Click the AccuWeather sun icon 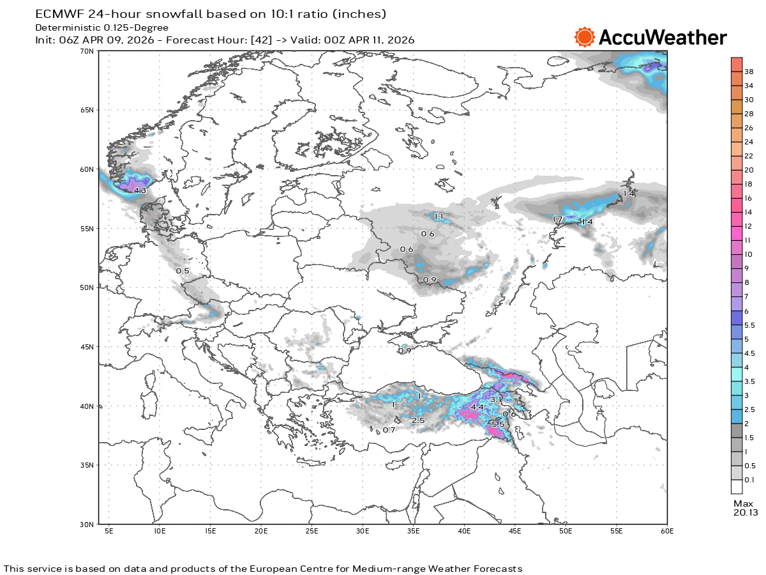pyautogui.click(x=584, y=37)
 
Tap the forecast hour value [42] pyautogui.click(x=260, y=40)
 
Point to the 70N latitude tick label pyautogui.click(x=87, y=51)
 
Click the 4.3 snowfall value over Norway pyautogui.click(x=140, y=190)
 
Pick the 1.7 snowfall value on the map pyautogui.click(x=557, y=220)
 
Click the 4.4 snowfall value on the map pyautogui.click(x=477, y=407)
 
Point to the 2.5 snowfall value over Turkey pyautogui.click(x=418, y=420)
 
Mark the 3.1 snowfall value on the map pyautogui.click(x=497, y=399)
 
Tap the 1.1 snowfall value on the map pyautogui.click(x=439, y=217)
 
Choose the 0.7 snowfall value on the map pyautogui.click(x=389, y=430)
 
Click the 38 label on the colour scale pyautogui.click(x=749, y=72)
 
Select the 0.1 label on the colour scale pyautogui.click(x=749, y=480)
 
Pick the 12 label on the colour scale pyautogui.click(x=748, y=226)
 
